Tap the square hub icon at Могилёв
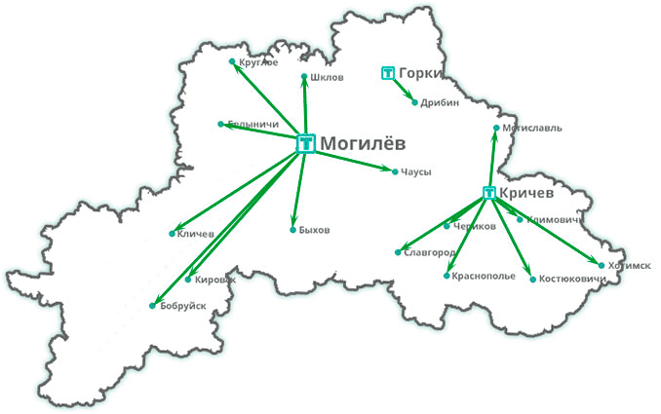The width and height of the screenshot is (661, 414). pos(305,143)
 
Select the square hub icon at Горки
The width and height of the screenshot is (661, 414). pos(387,73)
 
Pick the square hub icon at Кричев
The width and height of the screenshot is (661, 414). pos(489,193)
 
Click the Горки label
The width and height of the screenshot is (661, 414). pos(421,73)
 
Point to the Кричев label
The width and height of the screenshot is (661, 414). pos(526,192)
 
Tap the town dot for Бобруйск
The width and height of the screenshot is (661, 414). pos(152,306)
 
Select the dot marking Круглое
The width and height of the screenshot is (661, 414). pos(231,62)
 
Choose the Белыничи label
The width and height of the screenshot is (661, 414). pos(253,125)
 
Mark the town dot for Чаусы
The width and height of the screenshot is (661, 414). pos(394,172)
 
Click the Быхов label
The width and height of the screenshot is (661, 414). pos(315,230)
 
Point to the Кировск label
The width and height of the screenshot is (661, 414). pos(215,279)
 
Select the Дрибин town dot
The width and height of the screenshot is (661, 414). pos(414,102)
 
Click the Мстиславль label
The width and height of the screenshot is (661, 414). pos(532,128)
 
